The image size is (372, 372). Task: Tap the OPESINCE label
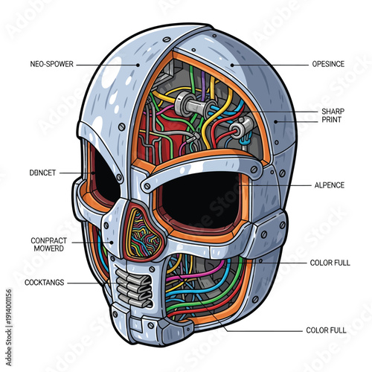pyautogui.click(x=327, y=64)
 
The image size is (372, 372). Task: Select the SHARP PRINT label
pyautogui.click(x=333, y=115)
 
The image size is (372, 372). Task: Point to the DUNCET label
pyautogui.click(x=43, y=172)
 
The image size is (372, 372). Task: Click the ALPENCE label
pyautogui.click(x=328, y=185)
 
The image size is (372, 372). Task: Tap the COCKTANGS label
pyautogui.click(x=44, y=283)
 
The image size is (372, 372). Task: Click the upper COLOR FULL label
pyautogui.click(x=330, y=263)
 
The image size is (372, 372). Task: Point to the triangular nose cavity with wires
pyautogui.click(x=144, y=231)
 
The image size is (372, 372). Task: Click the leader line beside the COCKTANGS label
pyautogui.click(x=89, y=283)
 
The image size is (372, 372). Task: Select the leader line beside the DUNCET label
pyautogui.click(x=74, y=173)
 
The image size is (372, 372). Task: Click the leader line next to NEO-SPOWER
pyautogui.click(x=112, y=64)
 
